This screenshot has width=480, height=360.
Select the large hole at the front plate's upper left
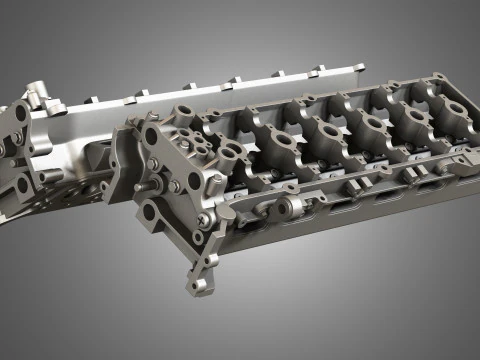tap(151, 134)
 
